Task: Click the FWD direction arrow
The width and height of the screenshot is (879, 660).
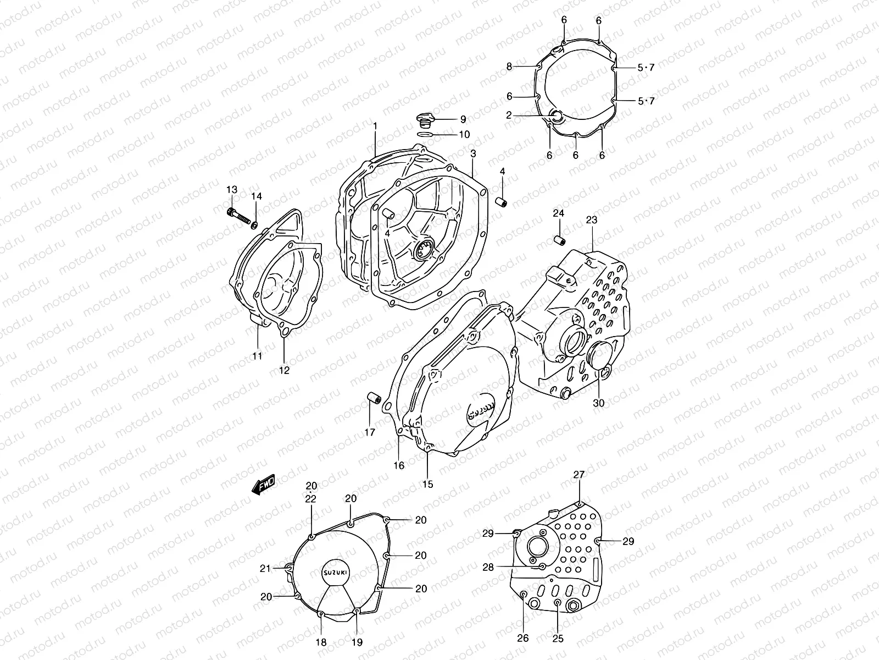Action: tap(263, 486)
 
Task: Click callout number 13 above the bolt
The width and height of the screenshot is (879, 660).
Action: tap(232, 190)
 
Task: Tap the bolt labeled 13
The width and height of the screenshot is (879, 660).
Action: tap(238, 217)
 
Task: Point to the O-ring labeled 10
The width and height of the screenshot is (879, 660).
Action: tap(426, 134)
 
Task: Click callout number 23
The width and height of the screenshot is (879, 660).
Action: tap(591, 219)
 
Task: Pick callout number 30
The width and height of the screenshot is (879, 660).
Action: tap(598, 403)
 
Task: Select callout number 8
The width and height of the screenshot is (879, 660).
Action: tap(509, 67)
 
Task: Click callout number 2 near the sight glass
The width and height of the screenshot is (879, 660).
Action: tap(509, 115)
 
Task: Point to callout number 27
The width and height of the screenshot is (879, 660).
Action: tap(580, 474)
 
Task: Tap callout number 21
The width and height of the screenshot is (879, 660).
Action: tap(265, 569)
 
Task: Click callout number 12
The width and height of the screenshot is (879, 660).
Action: tap(283, 370)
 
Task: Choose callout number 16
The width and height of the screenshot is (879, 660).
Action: tap(399, 465)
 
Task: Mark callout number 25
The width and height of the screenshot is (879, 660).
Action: tap(558, 639)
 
